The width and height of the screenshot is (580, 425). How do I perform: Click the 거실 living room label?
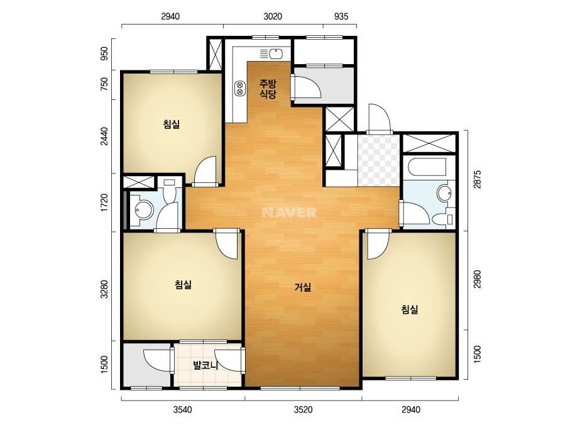(303, 287)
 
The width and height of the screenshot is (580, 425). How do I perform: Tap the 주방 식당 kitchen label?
(268, 89)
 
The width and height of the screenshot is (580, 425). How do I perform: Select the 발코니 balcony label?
(205, 366)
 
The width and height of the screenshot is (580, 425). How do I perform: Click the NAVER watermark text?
(289, 213)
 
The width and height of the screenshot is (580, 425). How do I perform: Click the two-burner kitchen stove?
(239, 88)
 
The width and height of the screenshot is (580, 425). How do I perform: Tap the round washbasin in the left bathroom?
(143, 210)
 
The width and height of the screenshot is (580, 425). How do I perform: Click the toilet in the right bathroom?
(443, 219)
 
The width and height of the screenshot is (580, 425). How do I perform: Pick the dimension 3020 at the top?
(273, 16)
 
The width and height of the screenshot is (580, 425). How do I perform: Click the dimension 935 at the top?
(341, 16)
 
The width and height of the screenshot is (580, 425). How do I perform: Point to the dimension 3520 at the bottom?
(303, 409)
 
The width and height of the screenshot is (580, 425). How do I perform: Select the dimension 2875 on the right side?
(478, 179)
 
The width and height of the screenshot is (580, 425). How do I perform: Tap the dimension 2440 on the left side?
(105, 136)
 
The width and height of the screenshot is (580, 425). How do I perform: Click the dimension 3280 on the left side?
(105, 289)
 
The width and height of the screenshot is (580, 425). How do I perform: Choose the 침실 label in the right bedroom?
(410, 309)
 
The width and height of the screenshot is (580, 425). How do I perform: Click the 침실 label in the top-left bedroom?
(172, 124)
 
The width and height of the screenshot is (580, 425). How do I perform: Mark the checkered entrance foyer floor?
(378, 160)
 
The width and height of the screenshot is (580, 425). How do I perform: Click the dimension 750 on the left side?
(105, 84)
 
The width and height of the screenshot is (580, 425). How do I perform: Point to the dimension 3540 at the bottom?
(183, 409)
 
